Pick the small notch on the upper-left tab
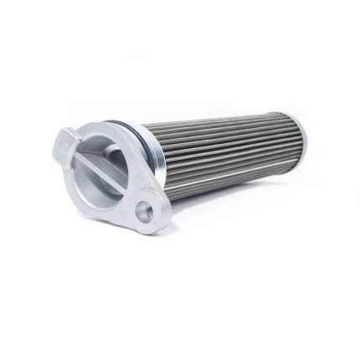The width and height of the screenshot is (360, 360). pyautogui.click(x=61, y=147)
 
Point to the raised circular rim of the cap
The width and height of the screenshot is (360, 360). pyautogui.click(x=126, y=134)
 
